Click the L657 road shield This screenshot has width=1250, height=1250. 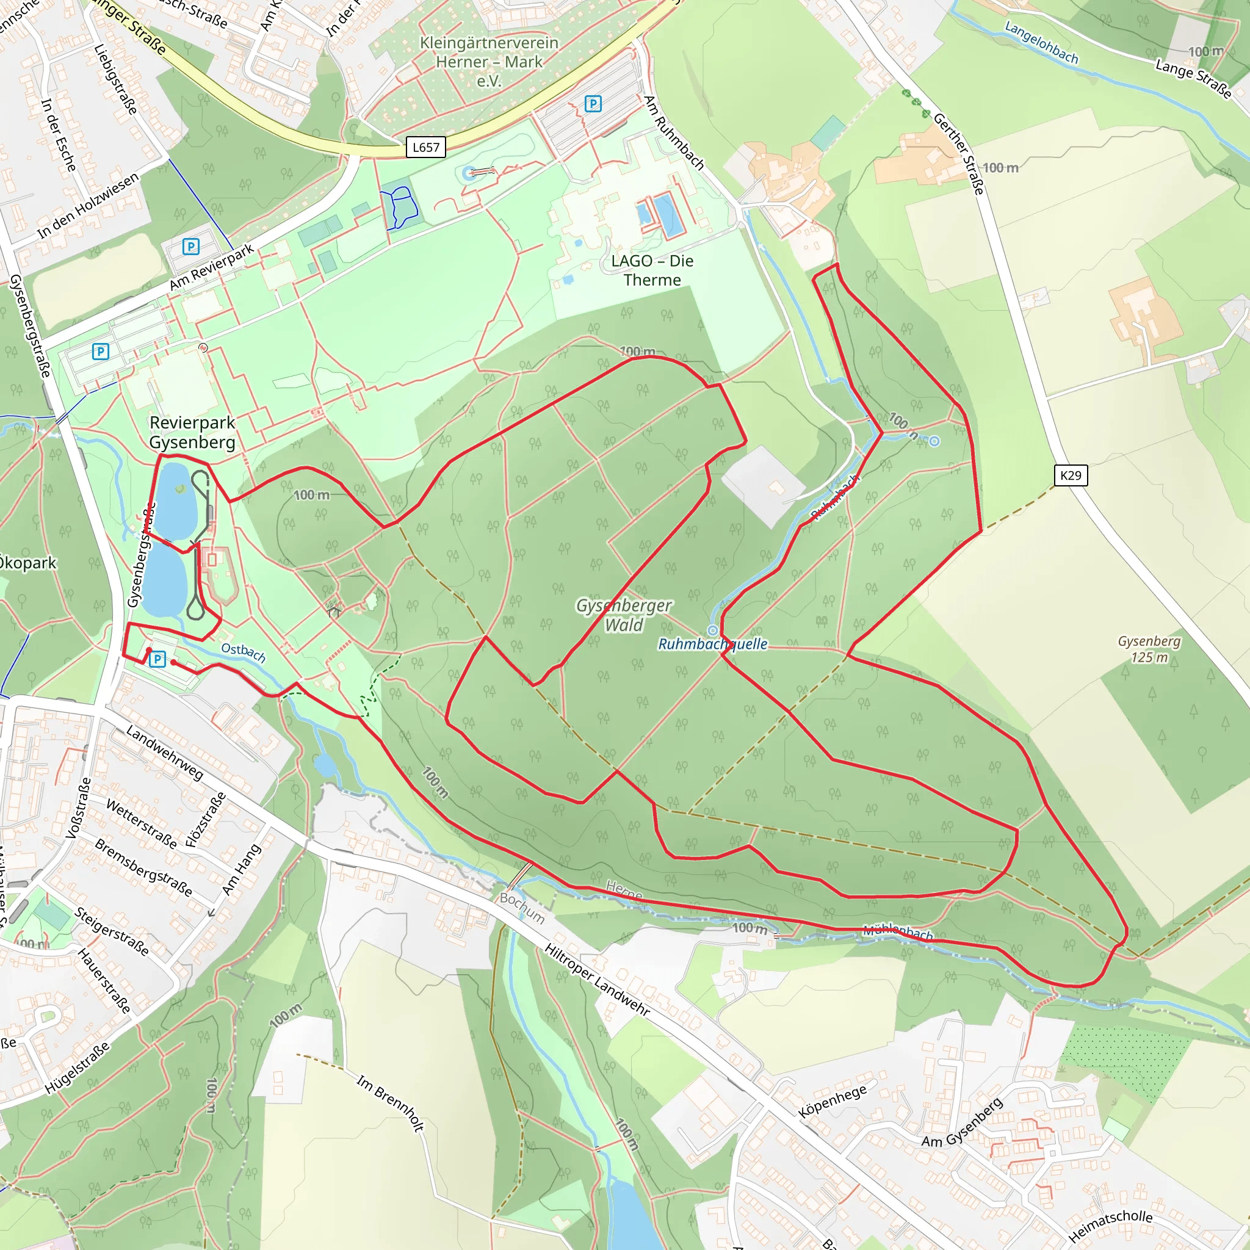(426, 148)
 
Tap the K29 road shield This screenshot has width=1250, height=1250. (1071, 475)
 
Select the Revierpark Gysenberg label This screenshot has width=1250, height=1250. (192, 432)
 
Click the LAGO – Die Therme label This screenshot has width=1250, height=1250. (652, 270)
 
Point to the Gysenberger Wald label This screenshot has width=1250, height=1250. (624, 615)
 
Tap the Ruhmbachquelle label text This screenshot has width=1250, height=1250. (713, 644)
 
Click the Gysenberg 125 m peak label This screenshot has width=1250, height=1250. (1149, 649)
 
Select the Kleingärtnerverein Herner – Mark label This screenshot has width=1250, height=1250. (489, 62)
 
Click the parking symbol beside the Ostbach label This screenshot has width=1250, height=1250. (157, 659)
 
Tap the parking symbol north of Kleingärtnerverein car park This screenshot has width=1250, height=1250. (593, 104)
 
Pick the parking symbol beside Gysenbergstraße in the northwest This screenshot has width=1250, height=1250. (100, 352)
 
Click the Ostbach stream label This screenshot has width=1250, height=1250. (244, 652)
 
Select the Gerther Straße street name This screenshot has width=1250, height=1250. (959, 153)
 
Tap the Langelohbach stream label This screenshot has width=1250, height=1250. (1041, 43)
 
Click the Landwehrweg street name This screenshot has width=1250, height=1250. (164, 753)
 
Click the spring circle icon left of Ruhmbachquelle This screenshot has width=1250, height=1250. (713, 630)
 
